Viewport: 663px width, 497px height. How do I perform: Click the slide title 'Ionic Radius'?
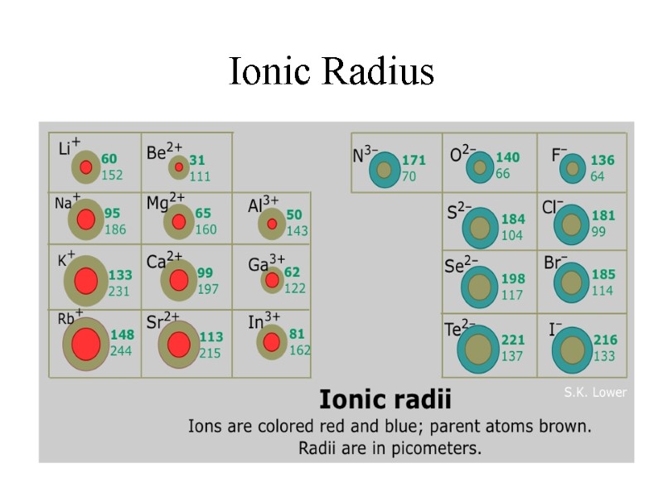point(331,71)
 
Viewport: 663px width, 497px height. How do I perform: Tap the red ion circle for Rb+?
point(85,344)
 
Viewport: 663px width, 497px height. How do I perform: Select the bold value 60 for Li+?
point(109,159)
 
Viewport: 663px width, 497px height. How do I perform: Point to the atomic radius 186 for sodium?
point(115,229)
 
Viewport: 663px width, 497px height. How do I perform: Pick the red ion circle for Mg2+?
point(178,222)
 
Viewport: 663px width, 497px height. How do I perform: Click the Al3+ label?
point(263,205)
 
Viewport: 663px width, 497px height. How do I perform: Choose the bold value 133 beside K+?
point(120,275)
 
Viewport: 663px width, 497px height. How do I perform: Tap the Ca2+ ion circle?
point(179,280)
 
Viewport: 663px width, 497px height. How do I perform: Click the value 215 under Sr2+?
point(210,353)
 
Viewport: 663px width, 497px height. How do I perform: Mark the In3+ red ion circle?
point(272,341)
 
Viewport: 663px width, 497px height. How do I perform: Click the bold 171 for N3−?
point(414,160)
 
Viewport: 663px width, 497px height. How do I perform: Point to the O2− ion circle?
point(479,167)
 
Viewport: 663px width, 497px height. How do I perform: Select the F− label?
point(559,155)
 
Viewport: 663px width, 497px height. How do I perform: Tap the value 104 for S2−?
point(512,235)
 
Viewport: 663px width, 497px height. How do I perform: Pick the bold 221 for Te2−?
point(513,340)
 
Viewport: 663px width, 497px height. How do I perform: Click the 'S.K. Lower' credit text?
point(595,393)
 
